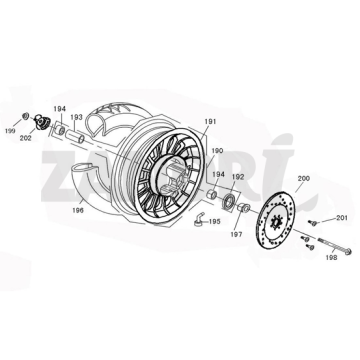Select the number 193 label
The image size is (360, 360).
pyautogui.click(x=76, y=116)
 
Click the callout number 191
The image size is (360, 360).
pyautogui.click(x=210, y=122)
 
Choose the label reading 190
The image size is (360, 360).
pyautogui.click(x=217, y=151)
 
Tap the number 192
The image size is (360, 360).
pyautogui.click(x=239, y=176)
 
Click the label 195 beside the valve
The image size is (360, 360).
pyautogui.click(x=214, y=221)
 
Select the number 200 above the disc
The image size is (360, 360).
pyautogui.click(x=275, y=177)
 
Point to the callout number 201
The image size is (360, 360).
pyautogui.click(x=341, y=217)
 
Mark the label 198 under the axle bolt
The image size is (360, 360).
pyautogui.click(x=331, y=257)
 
